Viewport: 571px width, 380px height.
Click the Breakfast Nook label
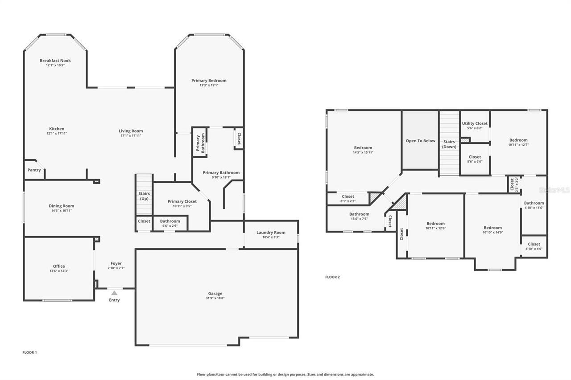55,61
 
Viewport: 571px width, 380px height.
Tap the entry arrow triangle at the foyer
114,293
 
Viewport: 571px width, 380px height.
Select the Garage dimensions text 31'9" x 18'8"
215,298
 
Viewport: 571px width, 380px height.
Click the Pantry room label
34,170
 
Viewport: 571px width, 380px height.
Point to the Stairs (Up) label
144,196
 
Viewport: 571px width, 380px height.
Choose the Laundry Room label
271,233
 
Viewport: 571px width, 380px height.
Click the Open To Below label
420,141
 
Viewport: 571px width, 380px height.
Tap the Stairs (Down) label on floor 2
449,144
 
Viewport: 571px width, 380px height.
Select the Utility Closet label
475,123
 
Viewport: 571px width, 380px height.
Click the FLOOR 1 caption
29,352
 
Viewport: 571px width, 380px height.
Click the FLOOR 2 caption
332,277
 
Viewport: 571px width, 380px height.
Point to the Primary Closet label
182,201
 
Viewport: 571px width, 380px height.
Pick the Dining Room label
62,206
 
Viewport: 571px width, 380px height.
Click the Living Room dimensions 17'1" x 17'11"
131,135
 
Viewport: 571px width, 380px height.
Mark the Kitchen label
57,129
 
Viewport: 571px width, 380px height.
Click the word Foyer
116,263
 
